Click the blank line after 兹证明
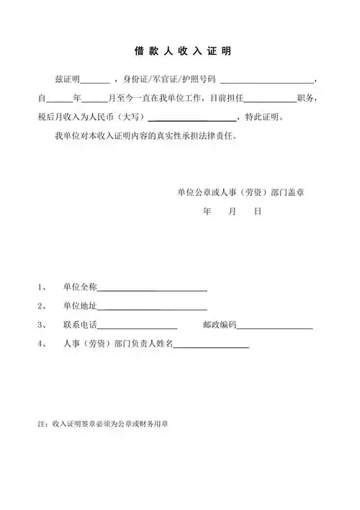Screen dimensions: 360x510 pyautogui.click(x=95, y=79)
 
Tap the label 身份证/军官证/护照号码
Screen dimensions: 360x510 pyautogui.click(x=170, y=79)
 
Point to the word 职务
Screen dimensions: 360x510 pyautogui.click(x=307, y=97)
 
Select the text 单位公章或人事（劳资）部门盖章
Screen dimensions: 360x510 pyautogui.click(x=241, y=193)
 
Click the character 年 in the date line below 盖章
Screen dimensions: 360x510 pyautogui.click(x=207, y=213)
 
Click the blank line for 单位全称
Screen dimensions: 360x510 pyautogui.click(x=152, y=289)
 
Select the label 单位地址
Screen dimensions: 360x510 pyautogui.click(x=80, y=306)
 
